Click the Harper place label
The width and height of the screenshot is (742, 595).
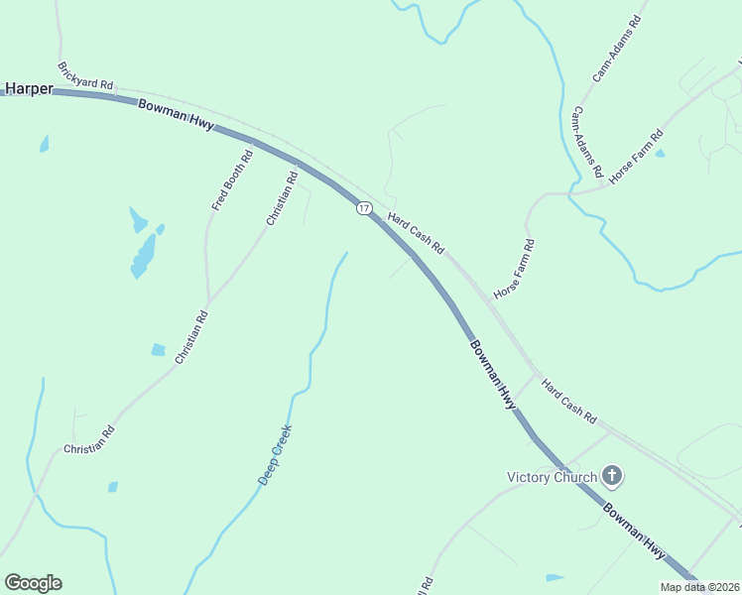[x=28, y=88]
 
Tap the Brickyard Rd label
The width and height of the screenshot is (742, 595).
[x=85, y=77]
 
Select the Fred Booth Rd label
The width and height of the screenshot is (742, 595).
[x=232, y=179]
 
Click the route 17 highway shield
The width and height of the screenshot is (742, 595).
[x=364, y=208]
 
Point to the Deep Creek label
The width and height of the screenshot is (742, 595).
[x=275, y=454]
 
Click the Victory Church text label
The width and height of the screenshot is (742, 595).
[x=552, y=477]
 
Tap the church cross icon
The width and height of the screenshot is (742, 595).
[x=612, y=476]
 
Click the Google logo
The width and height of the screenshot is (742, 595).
[x=33, y=583]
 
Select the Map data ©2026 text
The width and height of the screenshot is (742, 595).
[x=699, y=587]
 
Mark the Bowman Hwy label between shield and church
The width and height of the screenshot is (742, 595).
[x=494, y=375]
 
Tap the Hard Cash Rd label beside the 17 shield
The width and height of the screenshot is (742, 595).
[x=415, y=233]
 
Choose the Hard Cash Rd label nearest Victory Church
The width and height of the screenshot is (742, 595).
[x=568, y=398]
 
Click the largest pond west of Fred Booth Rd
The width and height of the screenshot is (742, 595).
[x=144, y=256]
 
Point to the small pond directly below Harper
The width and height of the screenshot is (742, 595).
[x=44, y=145]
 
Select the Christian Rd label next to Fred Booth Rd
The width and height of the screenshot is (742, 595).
[x=281, y=199]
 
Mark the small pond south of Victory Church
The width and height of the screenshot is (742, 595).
[x=555, y=578]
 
